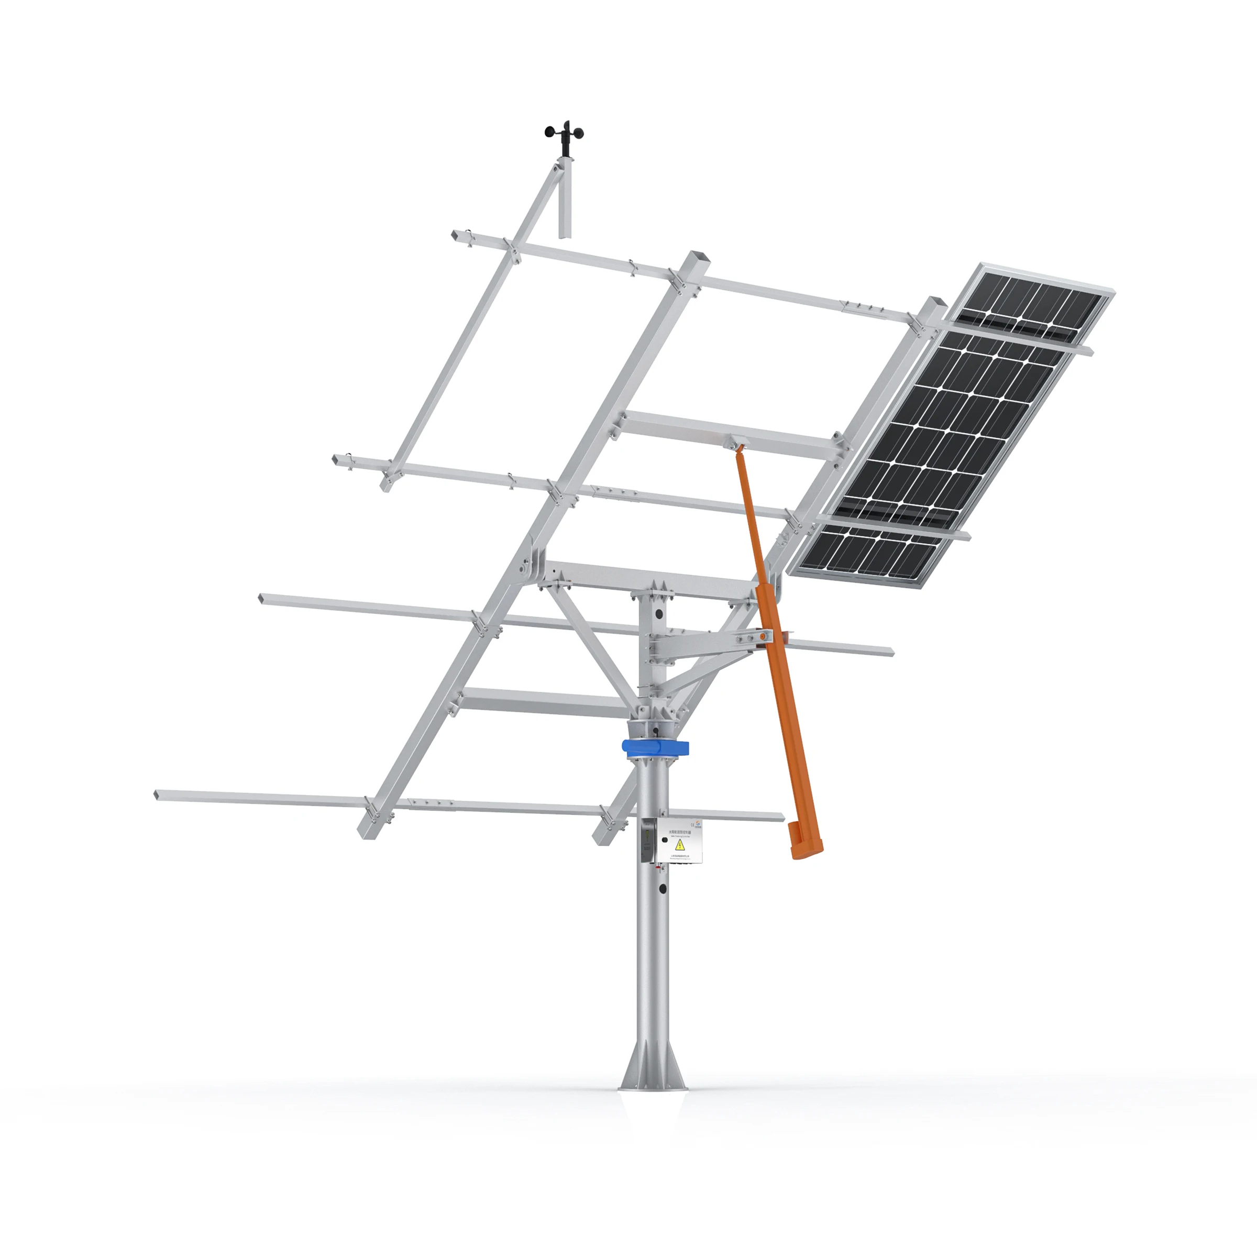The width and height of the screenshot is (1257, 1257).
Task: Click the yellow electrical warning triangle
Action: [x=680, y=845]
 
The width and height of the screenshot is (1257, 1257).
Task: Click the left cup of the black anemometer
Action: [x=550, y=132]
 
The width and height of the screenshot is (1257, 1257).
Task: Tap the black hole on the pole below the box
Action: [x=663, y=889]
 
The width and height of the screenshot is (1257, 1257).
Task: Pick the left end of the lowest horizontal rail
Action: [x=158, y=795]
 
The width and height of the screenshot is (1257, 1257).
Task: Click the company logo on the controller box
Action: [x=698, y=825]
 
